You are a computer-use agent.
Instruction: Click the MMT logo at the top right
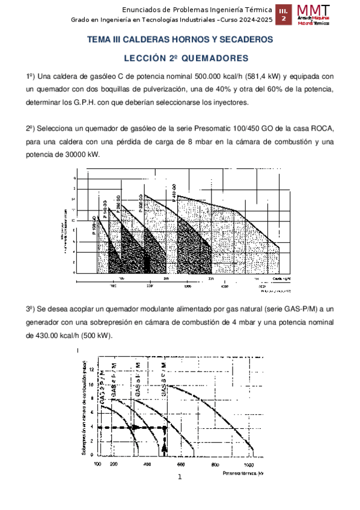(313, 15)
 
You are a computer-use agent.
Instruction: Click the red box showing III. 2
(284, 16)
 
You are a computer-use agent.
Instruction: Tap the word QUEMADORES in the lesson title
(209, 58)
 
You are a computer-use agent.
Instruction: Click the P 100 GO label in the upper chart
(94, 228)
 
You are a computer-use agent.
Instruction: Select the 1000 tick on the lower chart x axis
(248, 465)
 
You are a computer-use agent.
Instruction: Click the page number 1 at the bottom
(180, 478)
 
